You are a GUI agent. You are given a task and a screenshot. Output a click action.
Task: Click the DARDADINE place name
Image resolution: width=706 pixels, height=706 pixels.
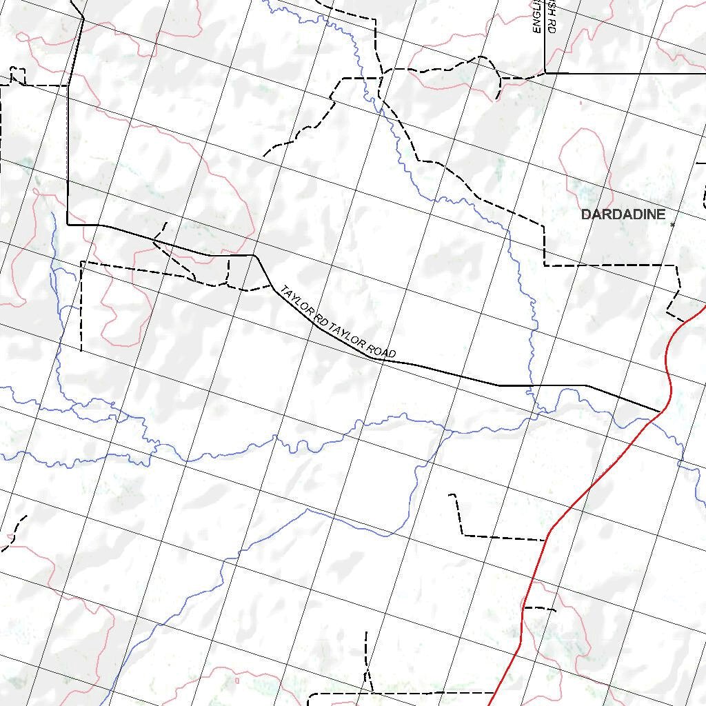623,214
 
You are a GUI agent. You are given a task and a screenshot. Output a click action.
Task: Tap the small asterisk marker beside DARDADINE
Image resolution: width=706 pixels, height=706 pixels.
672,224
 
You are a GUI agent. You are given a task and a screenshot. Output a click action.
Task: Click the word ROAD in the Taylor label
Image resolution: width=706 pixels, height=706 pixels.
382,350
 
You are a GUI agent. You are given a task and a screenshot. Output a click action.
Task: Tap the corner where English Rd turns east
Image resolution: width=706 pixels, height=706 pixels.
545,72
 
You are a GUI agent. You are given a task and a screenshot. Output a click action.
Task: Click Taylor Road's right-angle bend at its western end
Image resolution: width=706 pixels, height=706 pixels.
68,225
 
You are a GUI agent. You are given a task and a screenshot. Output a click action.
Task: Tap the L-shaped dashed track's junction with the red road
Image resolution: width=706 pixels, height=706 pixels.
547,539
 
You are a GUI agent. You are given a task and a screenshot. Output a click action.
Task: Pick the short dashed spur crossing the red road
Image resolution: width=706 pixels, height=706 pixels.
539,609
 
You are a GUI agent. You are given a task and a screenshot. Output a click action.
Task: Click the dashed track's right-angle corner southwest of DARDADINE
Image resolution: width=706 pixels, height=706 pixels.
545,265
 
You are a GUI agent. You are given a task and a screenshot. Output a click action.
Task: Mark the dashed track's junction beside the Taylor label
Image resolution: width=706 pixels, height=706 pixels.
271,285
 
